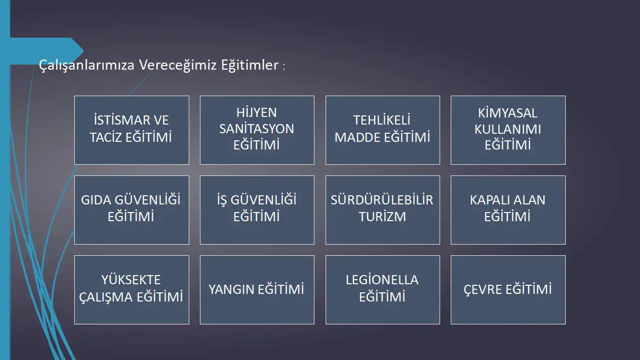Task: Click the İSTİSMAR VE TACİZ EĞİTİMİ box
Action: tap(132, 130)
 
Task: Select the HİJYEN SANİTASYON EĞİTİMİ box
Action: tap(257, 130)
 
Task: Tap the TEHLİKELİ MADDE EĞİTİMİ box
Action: tap(383, 130)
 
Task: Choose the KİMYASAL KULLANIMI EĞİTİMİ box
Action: tap(508, 130)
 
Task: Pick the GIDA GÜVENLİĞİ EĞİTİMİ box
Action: tap(132, 210)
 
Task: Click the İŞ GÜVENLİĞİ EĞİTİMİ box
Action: tap(257, 210)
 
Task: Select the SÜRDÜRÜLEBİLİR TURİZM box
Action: tap(383, 210)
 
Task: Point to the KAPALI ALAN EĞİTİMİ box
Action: tap(508, 210)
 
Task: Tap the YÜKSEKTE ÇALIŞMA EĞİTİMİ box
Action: tap(132, 290)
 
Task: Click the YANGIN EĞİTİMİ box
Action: tap(257, 290)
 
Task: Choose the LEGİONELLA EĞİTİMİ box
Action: tap(383, 290)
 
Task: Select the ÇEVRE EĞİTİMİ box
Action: tap(508, 290)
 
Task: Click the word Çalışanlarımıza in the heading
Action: tap(86, 66)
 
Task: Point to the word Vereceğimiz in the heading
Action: tap(178, 66)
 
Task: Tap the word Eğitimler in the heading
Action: tap(250, 65)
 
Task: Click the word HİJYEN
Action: tap(256, 112)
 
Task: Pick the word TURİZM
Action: tap(382, 217)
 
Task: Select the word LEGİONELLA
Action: tap(382, 280)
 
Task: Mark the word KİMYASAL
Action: tap(508, 113)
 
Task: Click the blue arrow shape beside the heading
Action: tap(46, 51)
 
